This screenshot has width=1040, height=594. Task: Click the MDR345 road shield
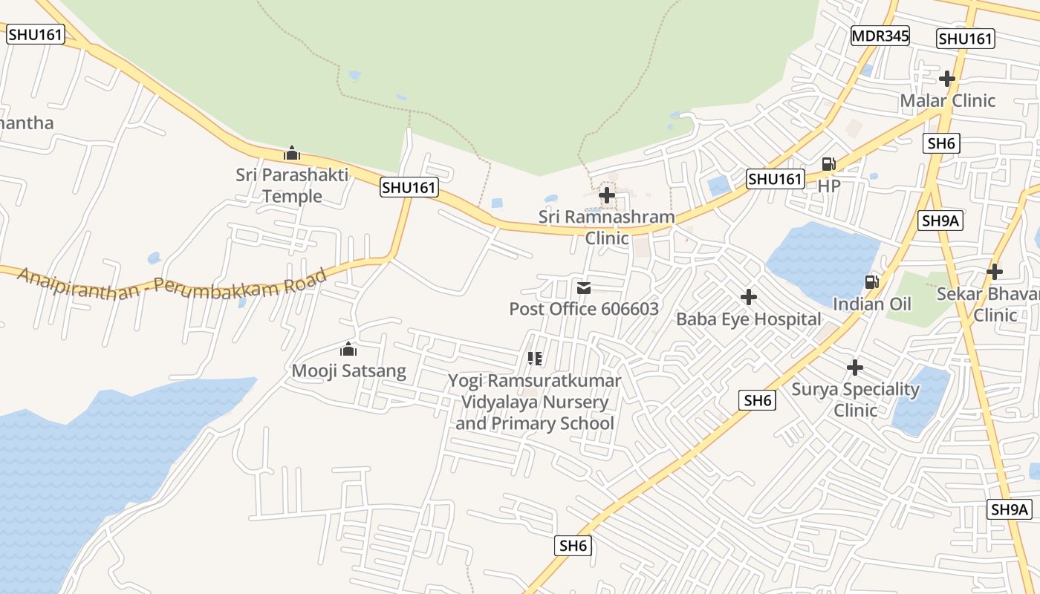coord(880,36)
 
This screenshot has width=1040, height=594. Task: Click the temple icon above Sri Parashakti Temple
coord(292,154)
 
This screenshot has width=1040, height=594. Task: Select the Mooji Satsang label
coord(348,371)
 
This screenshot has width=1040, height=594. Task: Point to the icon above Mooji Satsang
coord(348,349)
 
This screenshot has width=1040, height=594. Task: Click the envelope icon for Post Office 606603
coord(584,287)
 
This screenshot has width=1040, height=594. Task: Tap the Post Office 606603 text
coord(584,309)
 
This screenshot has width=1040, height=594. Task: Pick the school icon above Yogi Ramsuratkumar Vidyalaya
coord(534,359)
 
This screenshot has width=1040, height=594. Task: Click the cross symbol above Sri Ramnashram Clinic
coord(607,195)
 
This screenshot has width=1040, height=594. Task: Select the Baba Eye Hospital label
coord(748,319)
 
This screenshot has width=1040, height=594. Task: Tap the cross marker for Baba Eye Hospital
coord(749,297)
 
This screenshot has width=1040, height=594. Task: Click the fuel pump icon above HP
coord(828,164)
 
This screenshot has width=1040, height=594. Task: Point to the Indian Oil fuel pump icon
coord(871,282)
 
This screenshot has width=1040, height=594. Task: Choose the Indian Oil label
coord(871,304)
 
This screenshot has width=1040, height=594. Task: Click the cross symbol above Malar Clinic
coord(947,78)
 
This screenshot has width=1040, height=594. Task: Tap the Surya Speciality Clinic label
coord(855,399)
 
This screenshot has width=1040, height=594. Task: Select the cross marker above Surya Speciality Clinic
coord(855,367)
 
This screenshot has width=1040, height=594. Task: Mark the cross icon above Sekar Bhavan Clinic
coord(995,272)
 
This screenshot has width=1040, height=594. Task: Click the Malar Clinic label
coord(947,100)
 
